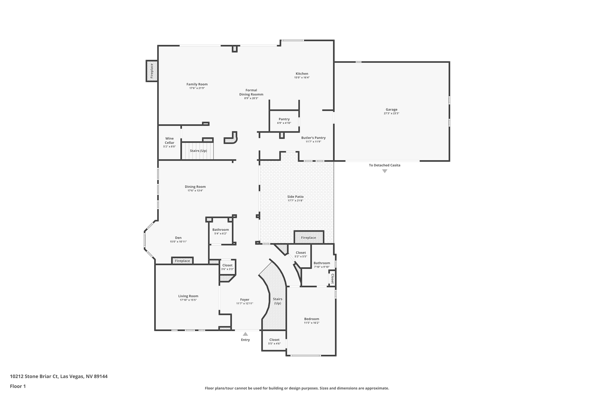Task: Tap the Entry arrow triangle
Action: [245, 334]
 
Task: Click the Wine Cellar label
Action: [169, 140]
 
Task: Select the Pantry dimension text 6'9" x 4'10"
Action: [284, 123]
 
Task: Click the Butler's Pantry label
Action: [313, 138]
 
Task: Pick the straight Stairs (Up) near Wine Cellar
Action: [198, 151]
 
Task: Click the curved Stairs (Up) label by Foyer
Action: [278, 301]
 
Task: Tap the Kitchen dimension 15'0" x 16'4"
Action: [302, 78]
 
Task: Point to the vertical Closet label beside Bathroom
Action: [332, 279]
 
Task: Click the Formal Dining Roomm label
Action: [251, 92]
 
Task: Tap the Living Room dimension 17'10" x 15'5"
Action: [188, 300]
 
